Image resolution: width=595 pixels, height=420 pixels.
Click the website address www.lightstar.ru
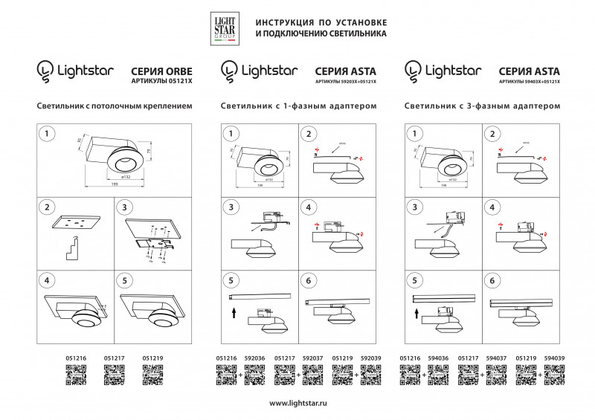[297, 402]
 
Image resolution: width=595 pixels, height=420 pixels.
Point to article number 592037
[312, 358]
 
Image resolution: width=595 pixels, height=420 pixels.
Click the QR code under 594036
[439, 374]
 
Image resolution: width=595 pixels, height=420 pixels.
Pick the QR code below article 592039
[370, 374]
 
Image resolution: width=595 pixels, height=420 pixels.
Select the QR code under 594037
[497, 374]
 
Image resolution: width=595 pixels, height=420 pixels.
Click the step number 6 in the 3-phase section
[491, 281]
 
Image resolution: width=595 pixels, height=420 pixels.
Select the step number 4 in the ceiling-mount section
[48, 281]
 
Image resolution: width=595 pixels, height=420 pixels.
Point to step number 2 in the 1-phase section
[308, 134]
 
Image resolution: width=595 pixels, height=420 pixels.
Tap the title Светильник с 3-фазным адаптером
[482, 106]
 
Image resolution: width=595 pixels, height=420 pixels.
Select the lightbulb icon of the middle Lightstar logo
[229, 71]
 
